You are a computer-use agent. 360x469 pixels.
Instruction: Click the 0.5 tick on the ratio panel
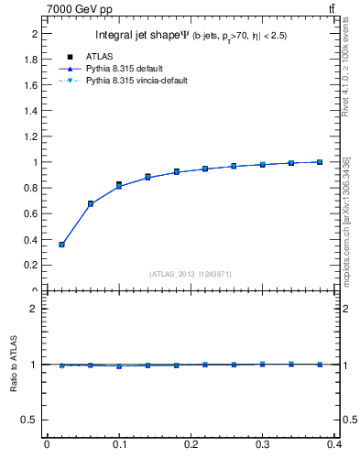(32, 420)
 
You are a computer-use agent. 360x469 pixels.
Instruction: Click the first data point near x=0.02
(61, 245)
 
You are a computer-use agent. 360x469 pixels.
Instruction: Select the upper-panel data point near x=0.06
(90, 203)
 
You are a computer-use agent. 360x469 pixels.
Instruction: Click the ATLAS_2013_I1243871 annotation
(190, 274)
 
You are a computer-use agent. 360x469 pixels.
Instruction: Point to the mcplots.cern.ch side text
(347, 220)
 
